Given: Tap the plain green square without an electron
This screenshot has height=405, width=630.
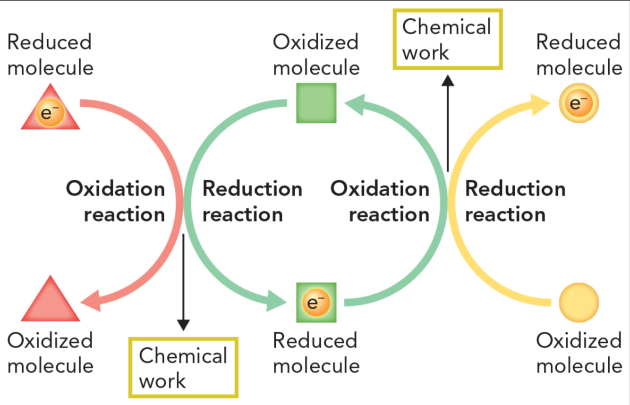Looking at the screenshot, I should click(x=316, y=103).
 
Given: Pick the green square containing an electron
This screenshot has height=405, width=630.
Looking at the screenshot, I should click(x=316, y=303).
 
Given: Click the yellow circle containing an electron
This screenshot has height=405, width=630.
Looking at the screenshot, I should click(x=579, y=103).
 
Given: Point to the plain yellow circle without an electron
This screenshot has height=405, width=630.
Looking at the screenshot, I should click(x=579, y=303).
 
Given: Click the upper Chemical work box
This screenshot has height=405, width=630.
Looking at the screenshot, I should click(x=447, y=40).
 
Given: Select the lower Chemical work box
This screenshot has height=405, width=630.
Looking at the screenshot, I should click(x=183, y=368).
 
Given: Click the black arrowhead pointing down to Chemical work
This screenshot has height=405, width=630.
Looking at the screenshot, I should click(x=183, y=325).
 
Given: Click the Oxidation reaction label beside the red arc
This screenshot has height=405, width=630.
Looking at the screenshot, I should click(x=116, y=202).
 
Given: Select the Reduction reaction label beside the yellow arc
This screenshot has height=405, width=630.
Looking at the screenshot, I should click(x=515, y=202).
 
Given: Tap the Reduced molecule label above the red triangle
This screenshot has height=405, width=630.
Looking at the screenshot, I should click(x=50, y=55).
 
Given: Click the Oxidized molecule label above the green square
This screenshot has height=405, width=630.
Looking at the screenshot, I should click(x=316, y=55).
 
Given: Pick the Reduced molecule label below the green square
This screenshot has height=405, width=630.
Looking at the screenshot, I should click(x=316, y=353).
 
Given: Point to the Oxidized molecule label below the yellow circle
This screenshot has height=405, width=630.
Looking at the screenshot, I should click(x=579, y=353).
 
